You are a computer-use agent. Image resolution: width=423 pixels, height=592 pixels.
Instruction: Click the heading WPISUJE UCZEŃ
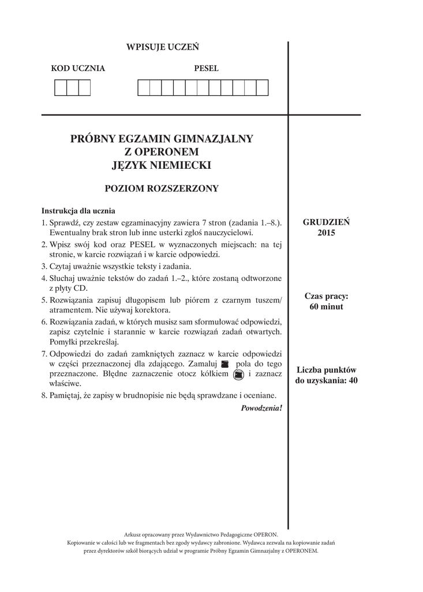162,47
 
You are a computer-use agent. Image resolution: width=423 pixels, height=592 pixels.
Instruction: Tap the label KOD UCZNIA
78,68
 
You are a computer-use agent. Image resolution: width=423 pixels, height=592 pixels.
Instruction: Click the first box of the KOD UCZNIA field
60,88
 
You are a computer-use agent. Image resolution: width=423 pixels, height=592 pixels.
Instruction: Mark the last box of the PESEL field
262,88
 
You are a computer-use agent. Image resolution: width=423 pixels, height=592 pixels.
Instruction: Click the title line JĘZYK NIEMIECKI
162,165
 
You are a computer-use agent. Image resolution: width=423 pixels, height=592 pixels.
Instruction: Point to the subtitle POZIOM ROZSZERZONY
162,188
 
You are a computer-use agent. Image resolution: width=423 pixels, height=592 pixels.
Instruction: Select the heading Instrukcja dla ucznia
78,211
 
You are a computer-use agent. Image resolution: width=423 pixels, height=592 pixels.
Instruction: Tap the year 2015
326,233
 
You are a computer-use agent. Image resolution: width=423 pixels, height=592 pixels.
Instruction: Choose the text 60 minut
326,306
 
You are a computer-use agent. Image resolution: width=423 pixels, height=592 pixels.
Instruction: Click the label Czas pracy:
326,296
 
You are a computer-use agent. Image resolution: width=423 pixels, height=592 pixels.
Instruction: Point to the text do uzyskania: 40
326,380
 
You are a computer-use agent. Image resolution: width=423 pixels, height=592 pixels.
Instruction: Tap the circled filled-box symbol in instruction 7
238,375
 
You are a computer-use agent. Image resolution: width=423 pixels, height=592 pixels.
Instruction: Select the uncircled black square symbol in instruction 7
225,364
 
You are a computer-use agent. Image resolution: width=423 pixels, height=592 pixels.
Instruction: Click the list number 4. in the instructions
44,279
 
